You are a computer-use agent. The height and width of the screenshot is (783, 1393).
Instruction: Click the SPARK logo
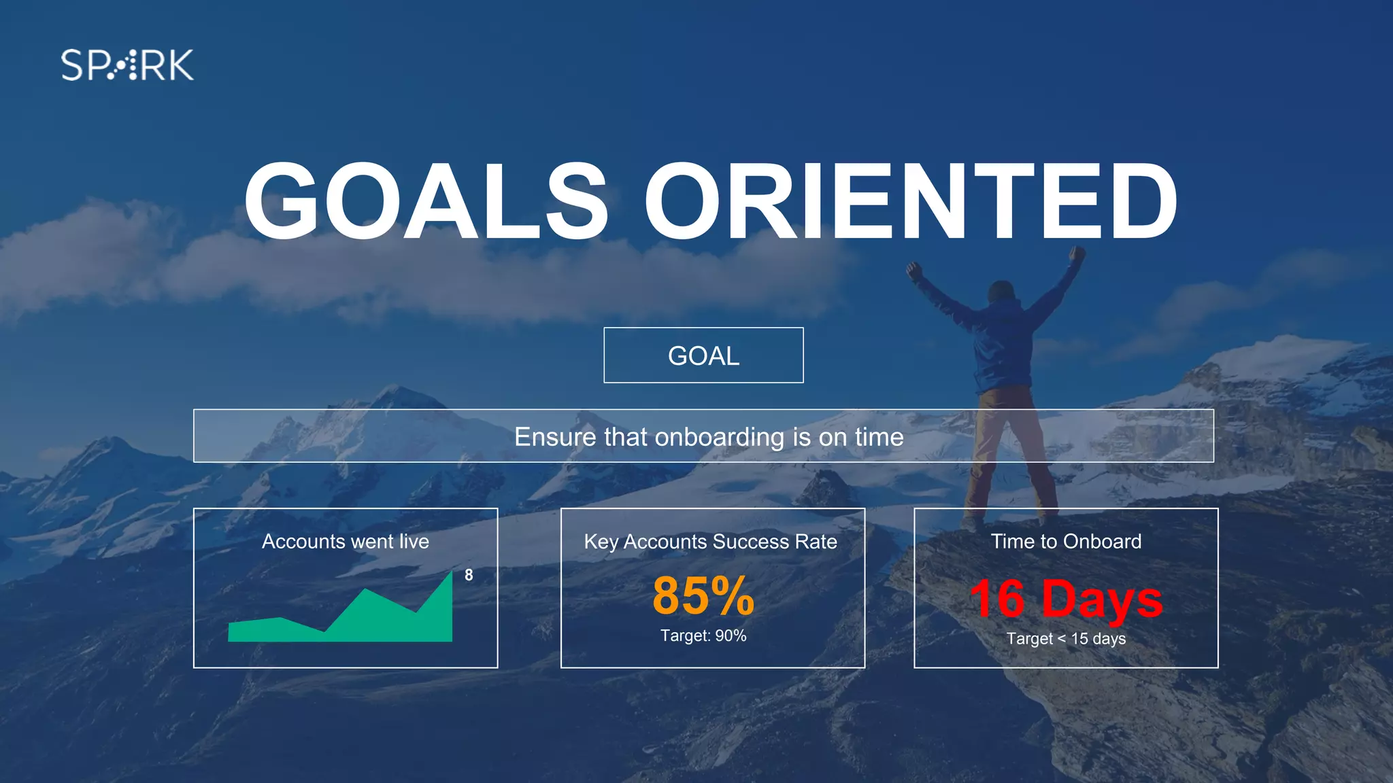click(x=127, y=65)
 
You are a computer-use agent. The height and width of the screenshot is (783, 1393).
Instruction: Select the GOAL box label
click(x=703, y=356)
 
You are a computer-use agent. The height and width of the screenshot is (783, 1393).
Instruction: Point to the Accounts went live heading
click(x=346, y=542)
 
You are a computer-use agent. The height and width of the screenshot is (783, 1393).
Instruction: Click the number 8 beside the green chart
click(x=469, y=575)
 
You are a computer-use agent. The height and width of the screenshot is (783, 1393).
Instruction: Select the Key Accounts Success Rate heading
click(x=710, y=542)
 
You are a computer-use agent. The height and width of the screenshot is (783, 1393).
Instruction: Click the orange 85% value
click(x=703, y=595)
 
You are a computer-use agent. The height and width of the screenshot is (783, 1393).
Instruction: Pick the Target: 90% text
click(x=703, y=636)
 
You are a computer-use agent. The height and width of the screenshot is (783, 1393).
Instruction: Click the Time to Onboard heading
click(x=1066, y=542)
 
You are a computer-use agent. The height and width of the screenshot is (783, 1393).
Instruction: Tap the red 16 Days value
click(x=1066, y=599)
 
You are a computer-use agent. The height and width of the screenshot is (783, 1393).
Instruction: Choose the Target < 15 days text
click(x=1066, y=639)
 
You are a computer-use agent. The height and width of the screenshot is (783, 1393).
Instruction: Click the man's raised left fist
click(x=913, y=271)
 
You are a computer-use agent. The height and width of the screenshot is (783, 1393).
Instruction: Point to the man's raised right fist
click(x=1077, y=255)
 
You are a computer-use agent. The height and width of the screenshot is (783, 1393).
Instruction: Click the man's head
click(x=1001, y=293)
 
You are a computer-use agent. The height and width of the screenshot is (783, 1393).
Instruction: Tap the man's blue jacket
click(x=1004, y=347)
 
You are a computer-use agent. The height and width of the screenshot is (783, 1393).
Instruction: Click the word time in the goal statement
click(x=879, y=437)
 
